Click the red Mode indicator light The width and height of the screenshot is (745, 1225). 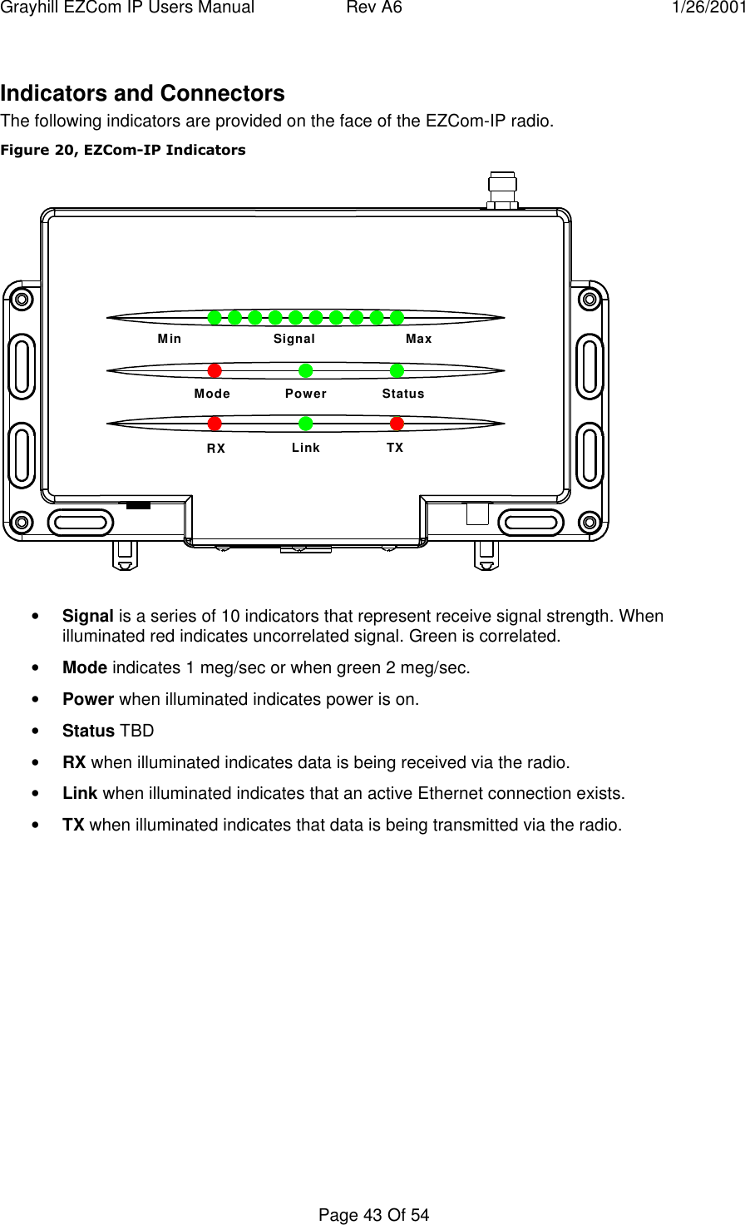[x=215, y=370]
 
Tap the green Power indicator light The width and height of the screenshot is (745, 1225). [x=306, y=370]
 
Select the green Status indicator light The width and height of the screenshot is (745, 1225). [x=397, y=370]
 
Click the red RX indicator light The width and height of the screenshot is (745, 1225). [x=215, y=424]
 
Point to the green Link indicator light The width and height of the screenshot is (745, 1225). [x=306, y=424]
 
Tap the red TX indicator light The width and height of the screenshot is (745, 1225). [x=397, y=424]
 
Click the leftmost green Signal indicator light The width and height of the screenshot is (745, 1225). [x=215, y=317]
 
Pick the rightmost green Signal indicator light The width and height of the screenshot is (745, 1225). [x=397, y=317]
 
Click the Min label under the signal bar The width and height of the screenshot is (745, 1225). [x=170, y=339]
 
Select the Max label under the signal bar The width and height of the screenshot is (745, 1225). [x=419, y=339]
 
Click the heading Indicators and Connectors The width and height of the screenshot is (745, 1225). [x=142, y=93]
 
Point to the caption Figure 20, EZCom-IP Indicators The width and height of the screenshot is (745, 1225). [x=123, y=150]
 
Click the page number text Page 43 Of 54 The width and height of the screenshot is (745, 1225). [x=373, y=1215]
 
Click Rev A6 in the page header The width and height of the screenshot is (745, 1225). [x=374, y=8]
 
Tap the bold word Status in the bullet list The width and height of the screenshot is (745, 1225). [x=88, y=731]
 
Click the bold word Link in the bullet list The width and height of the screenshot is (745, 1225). [x=80, y=793]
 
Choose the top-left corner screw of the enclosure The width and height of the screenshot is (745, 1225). [x=22, y=299]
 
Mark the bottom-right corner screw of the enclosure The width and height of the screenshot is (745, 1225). [x=590, y=523]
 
